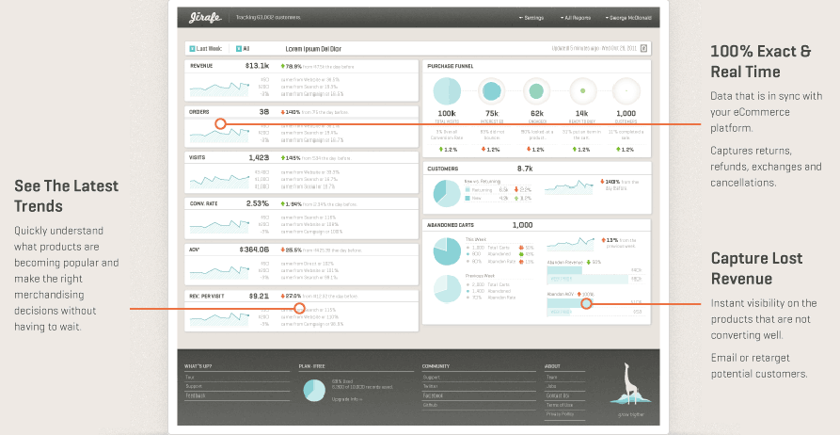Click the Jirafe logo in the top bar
pyautogui.click(x=200, y=17)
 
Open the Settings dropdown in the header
pyautogui.click(x=531, y=18)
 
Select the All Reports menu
pyautogui.click(x=575, y=18)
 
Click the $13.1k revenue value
pyautogui.click(x=257, y=67)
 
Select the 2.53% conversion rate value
pyautogui.click(x=257, y=203)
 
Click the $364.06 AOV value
pyautogui.click(x=254, y=250)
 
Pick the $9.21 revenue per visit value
pyautogui.click(x=259, y=296)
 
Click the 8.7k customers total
pyautogui.click(x=525, y=169)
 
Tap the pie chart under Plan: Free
pyautogui.click(x=314, y=390)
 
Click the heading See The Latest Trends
pyautogui.click(x=66, y=196)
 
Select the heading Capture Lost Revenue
pyautogui.click(x=755, y=268)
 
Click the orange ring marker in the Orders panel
pyautogui.click(x=220, y=123)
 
